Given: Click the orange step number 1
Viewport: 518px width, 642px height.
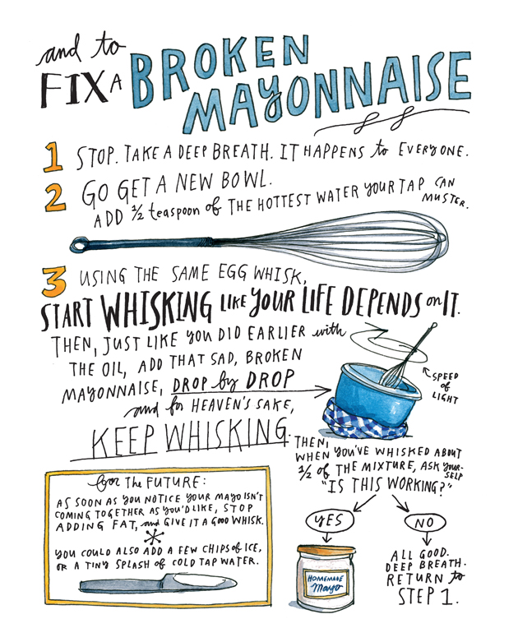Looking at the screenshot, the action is pyautogui.click(x=53, y=156).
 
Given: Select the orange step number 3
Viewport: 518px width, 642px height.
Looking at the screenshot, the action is pyautogui.click(x=53, y=282).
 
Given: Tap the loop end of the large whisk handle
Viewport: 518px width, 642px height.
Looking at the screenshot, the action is pyautogui.click(x=78, y=245).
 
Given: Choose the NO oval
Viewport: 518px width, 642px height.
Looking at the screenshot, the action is pyautogui.click(x=424, y=522).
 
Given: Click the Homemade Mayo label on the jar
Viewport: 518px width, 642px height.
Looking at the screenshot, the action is pyautogui.click(x=326, y=583).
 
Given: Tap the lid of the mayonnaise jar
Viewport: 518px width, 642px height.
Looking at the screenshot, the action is pyautogui.click(x=326, y=550).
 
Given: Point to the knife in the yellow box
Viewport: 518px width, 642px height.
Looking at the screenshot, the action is pyautogui.click(x=158, y=583).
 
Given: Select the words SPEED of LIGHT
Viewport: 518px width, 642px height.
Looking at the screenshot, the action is pyautogui.click(x=444, y=387).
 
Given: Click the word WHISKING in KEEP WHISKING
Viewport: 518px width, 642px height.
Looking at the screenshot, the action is pyautogui.click(x=226, y=434).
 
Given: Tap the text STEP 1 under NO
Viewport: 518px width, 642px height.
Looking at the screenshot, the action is pyautogui.click(x=427, y=596).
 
